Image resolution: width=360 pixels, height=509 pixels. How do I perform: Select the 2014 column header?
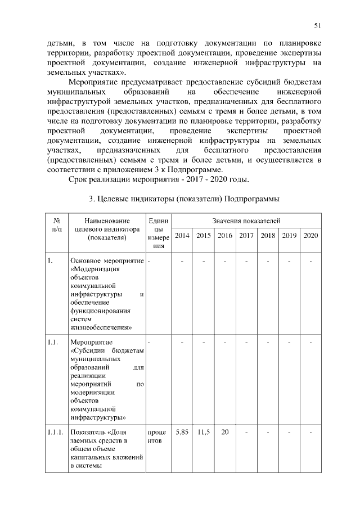click(182, 235)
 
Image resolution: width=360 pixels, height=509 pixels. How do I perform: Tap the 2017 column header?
click(246, 235)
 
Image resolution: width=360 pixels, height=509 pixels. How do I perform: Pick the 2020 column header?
click(310, 235)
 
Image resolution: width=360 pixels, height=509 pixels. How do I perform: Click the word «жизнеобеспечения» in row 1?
click(101, 326)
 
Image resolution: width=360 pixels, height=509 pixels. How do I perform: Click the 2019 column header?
click(289, 235)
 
